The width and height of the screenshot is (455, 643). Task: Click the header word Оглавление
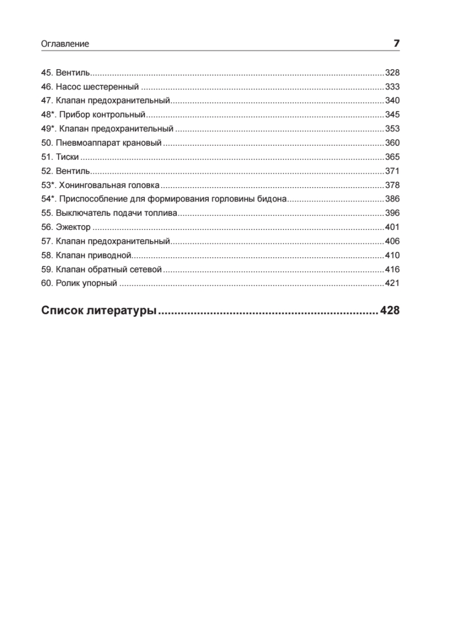pos(65,44)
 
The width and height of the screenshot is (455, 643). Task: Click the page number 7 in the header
pos(397,44)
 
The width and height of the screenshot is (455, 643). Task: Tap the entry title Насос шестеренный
pos(97,87)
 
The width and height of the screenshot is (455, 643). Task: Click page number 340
pos(392,101)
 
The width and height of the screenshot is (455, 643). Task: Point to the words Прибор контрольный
pos(102,115)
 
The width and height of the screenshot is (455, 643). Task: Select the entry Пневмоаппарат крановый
pos(108,143)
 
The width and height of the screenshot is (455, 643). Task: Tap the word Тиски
pos(67,157)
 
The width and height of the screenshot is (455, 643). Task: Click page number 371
pos(392,171)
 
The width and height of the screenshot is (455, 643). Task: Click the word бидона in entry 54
pos(274,199)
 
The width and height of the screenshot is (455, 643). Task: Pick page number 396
pos(392,213)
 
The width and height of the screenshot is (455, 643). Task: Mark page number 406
pos(392,241)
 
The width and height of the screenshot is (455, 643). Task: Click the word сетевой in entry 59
pos(146,270)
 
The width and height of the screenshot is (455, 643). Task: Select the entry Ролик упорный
pos(86,283)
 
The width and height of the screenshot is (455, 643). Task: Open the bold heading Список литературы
pos(99,311)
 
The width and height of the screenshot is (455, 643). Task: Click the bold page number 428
pos(390,311)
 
